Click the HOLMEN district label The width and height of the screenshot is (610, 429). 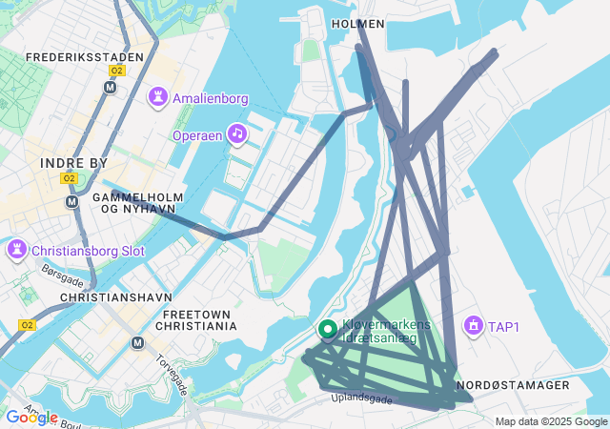coord(358,23)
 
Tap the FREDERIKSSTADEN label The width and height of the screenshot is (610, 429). coord(85,57)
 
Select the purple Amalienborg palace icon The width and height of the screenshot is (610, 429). coord(157,97)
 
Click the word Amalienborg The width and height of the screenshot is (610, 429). coord(211,98)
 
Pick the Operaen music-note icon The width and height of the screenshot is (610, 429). coord(236,134)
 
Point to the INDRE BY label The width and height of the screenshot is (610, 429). coord(74,163)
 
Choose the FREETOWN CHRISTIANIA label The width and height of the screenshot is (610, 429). coord(199,320)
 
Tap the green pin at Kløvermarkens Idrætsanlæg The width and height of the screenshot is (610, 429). coord(328,330)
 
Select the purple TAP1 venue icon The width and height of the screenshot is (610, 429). coord(472,326)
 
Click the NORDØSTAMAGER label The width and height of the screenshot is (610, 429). coord(513,385)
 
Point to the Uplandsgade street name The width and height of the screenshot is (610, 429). coord(361,399)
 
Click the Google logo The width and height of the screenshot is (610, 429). coord(31,418)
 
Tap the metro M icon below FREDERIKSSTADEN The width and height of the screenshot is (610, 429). coord(110,87)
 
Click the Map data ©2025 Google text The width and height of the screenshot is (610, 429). coord(551,421)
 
